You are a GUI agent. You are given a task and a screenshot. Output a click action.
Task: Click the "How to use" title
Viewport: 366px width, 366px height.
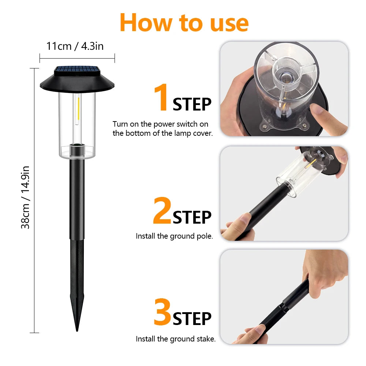[x=184, y=22]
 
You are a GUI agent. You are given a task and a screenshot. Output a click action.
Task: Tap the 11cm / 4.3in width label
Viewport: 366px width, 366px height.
[x=75, y=46]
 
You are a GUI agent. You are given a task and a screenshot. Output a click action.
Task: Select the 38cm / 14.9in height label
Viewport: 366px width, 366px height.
[x=25, y=197]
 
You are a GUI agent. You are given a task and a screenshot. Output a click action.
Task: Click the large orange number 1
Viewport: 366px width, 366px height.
[x=161, y=98]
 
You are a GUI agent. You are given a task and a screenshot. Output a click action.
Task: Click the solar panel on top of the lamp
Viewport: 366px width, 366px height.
[x=77, y=70]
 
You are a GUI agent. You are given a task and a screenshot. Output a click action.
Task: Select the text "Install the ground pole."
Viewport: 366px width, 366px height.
[x=174, y=236]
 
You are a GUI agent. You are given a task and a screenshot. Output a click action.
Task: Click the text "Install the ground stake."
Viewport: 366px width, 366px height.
[x=176, y=339]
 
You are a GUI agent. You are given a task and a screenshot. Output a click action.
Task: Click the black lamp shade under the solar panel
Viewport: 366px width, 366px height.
[x=77, y=83]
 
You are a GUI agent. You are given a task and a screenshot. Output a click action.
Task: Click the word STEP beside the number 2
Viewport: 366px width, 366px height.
[x=192, y=217]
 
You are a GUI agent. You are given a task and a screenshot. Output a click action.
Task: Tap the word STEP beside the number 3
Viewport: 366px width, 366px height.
[x=192, y=319]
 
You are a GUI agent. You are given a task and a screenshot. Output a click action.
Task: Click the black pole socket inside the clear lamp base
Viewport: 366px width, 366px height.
[x=77, y=149]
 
